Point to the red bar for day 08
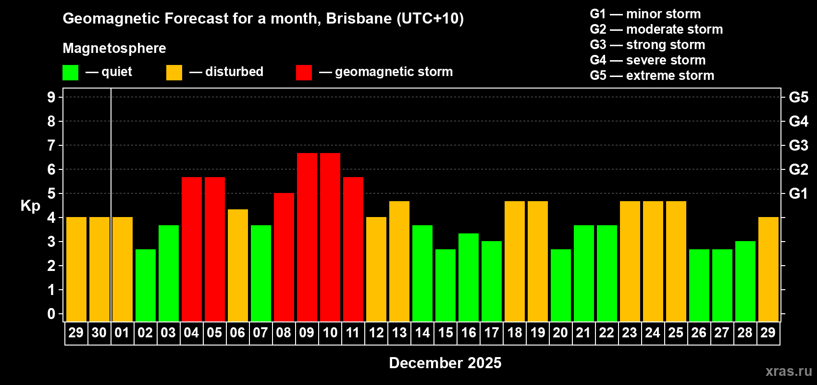click(284, 257)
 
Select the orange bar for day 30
click(99, 269)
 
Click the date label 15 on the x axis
click(446, 333)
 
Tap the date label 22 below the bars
click(607, 333)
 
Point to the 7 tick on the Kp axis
click(51, 145)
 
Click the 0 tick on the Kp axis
click(51, 314)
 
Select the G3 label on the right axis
click(798, 145)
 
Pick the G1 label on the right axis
click(798, 193)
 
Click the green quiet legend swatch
click(71, 73)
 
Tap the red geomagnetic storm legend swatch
click(304, 73)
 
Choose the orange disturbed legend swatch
click(174, 73)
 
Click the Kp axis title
click(30, 205)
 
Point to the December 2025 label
click(445, 363)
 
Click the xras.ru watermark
click(789, 371)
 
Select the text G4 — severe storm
click(648, 60)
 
